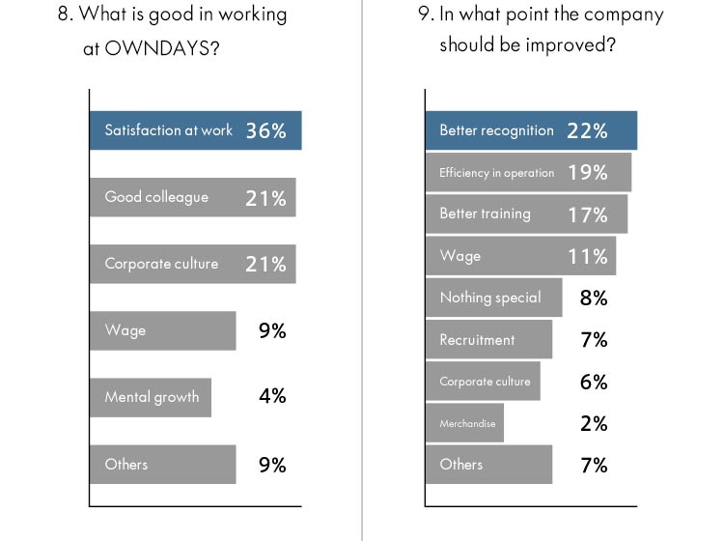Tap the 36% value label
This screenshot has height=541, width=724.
coord(265,131)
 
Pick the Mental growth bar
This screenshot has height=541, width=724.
coord(151,397)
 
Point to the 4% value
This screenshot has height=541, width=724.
coord(272,396)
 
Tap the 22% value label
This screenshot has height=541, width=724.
coord(587,131)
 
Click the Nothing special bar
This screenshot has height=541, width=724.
coord(492,298)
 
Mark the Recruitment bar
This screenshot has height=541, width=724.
coord(487,340)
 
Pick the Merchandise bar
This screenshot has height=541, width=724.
coord(464,423)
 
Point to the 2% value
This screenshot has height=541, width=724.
coord(594,423)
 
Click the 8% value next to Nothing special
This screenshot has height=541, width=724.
coord(594,298)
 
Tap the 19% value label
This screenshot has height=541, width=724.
coord(587,173)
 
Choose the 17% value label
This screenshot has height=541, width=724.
coord(587,214)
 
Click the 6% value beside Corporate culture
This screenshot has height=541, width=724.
coord(594,382)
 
